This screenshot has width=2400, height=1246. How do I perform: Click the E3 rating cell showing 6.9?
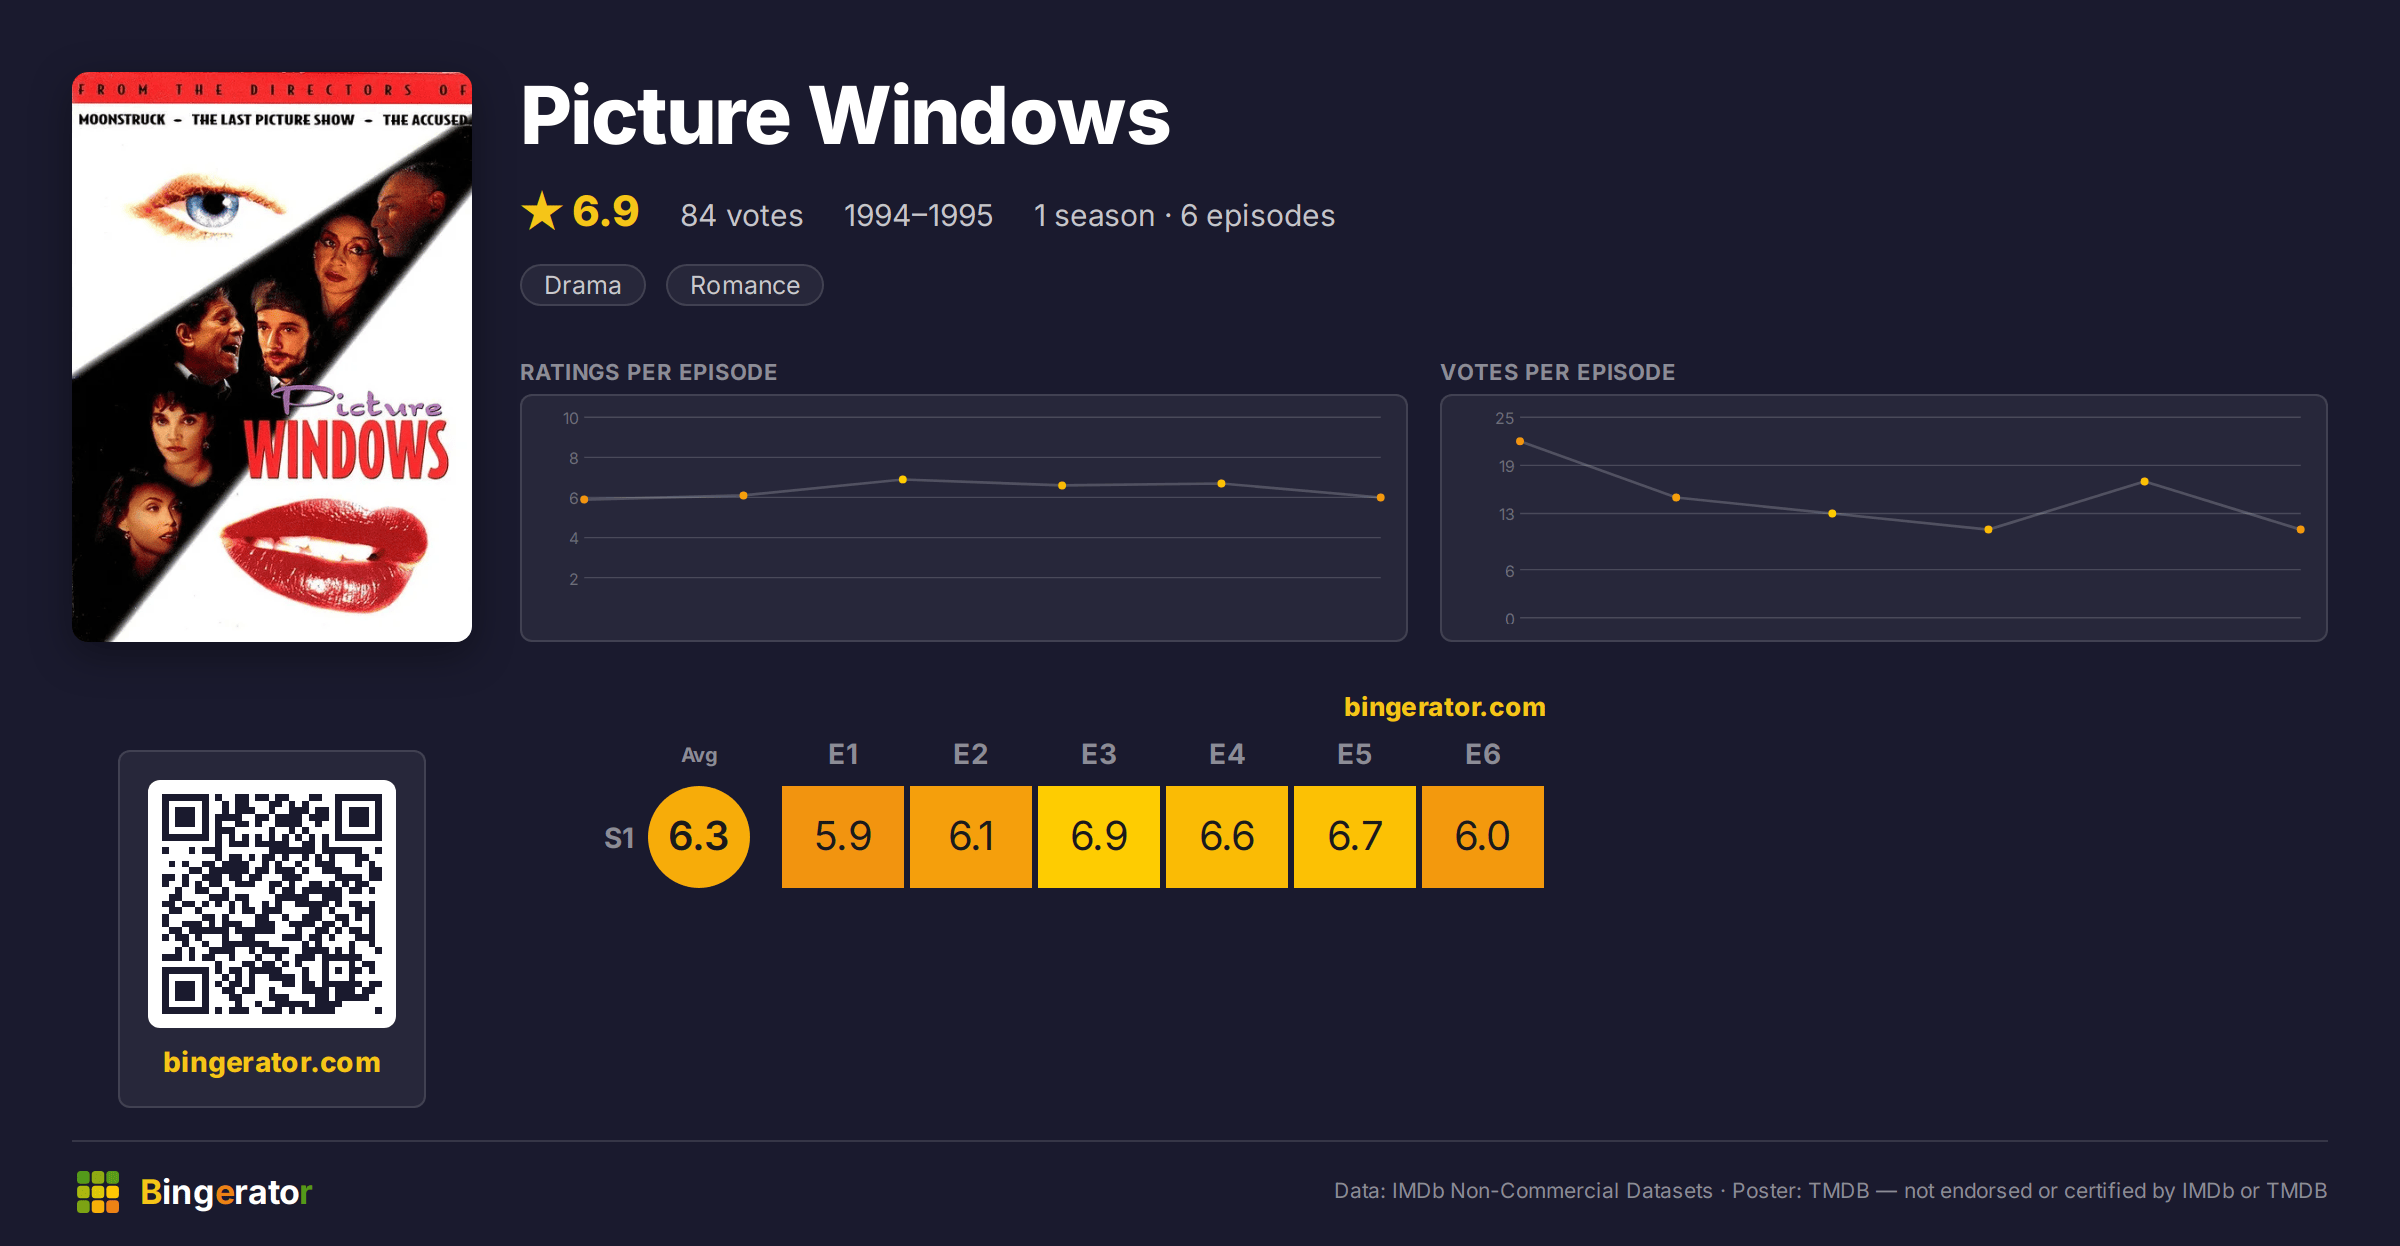(1098, 836)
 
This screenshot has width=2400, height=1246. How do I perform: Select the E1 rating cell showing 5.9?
(842, 836)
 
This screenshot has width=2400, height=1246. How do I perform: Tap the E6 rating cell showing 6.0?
(1482, 836)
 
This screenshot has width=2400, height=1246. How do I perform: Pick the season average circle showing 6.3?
(699, 836)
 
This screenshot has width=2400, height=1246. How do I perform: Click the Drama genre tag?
(583, 285)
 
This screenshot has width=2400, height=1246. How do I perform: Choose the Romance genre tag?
(745, 285)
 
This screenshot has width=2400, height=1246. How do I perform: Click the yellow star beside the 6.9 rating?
(542, 211)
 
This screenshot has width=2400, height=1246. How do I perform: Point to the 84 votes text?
(742, 215)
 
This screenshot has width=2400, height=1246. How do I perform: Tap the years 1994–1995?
(918, 215)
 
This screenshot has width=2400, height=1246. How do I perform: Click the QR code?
(272, 904)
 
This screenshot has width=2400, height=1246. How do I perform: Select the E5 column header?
(1354, 754)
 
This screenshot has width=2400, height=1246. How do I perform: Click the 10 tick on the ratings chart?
(571, 418)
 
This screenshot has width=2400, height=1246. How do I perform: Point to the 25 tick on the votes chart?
(1505, 418)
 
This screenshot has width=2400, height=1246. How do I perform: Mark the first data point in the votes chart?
(1520, 441)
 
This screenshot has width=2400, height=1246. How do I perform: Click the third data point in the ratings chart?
(903, 480)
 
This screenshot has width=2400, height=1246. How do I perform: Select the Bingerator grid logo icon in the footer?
(98, 1192)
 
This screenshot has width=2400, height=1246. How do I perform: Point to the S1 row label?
(619, 838)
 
